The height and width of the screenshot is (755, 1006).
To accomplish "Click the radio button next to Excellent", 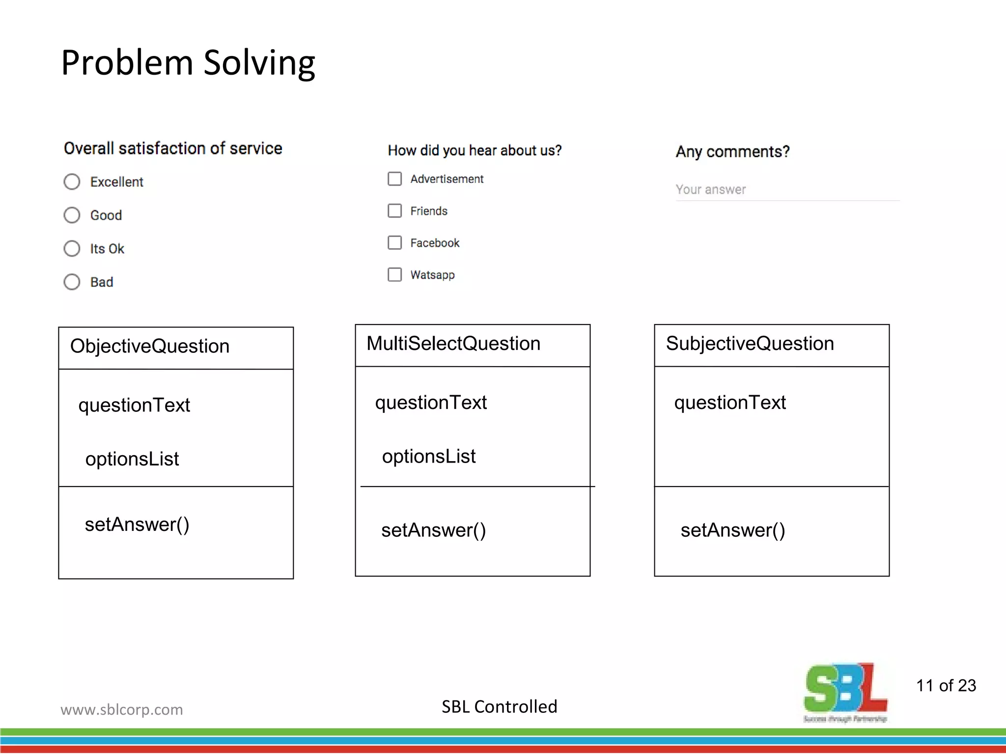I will click(x=72, y=182).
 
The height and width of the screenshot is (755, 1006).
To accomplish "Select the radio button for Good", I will click(x=72, y=215).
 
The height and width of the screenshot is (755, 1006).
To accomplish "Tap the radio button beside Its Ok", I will click(x=72, y=249).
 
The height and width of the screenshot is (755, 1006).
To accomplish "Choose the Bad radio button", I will click(x=72, y=282).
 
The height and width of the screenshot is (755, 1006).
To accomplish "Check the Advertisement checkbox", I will click(x=394, y=179).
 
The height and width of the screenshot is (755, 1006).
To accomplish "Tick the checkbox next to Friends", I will click(x=394, y=211).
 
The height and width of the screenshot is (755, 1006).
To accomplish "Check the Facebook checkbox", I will click(x=394, y=243).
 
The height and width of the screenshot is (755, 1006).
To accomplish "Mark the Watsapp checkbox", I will click(x=394, y=275).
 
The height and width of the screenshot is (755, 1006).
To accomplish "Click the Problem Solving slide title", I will click(x=188, y=63).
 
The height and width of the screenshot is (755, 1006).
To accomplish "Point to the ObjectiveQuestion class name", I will click(x=150, y=347).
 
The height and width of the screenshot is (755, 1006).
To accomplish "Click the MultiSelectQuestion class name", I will click(x=453, y=344).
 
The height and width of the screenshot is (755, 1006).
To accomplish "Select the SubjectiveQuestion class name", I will click(x=750, y=344).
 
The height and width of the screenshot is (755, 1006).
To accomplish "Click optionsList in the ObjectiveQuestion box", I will click(x=132, y=459).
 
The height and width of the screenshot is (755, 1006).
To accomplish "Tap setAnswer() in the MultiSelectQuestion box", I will click(x=433, y=530).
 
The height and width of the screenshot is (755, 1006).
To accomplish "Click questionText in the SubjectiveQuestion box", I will click(x=730, y=403).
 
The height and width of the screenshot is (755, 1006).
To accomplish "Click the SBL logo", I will click(x=845, y=691).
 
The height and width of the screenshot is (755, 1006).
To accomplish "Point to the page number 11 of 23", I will click(x=946, y=686).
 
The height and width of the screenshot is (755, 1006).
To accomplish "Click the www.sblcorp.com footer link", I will click(x=122, y=710).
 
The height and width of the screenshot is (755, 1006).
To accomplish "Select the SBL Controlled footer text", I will click(x=499, y=707).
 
